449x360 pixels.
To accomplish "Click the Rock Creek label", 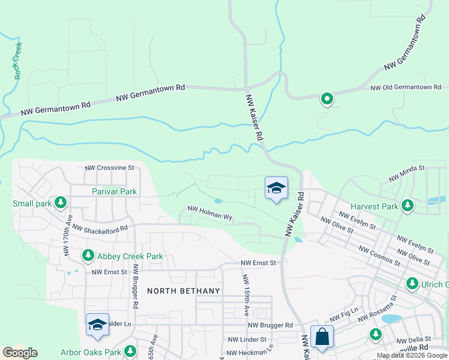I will (x=17, y=61).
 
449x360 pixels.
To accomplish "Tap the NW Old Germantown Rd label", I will (x=405, y=88).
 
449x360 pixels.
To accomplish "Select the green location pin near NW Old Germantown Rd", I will (x=327, y=98).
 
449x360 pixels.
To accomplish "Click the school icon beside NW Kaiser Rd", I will (x=276, y=188).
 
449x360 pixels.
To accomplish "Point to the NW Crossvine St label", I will (x=109, y=169).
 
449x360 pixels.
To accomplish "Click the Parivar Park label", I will (x=115, y=191).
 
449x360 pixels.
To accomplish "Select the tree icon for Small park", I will (x=61, y=203).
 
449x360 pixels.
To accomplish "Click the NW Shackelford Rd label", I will (x=100, y=228).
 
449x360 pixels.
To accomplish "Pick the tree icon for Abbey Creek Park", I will (x=88, y=256).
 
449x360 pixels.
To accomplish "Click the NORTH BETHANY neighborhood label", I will (x=184, y=290).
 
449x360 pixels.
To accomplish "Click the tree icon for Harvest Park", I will (x=408, y=206).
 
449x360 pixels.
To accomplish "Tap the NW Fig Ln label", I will (x=343, y=316).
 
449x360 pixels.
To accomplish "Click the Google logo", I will (x=20, y=353).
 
